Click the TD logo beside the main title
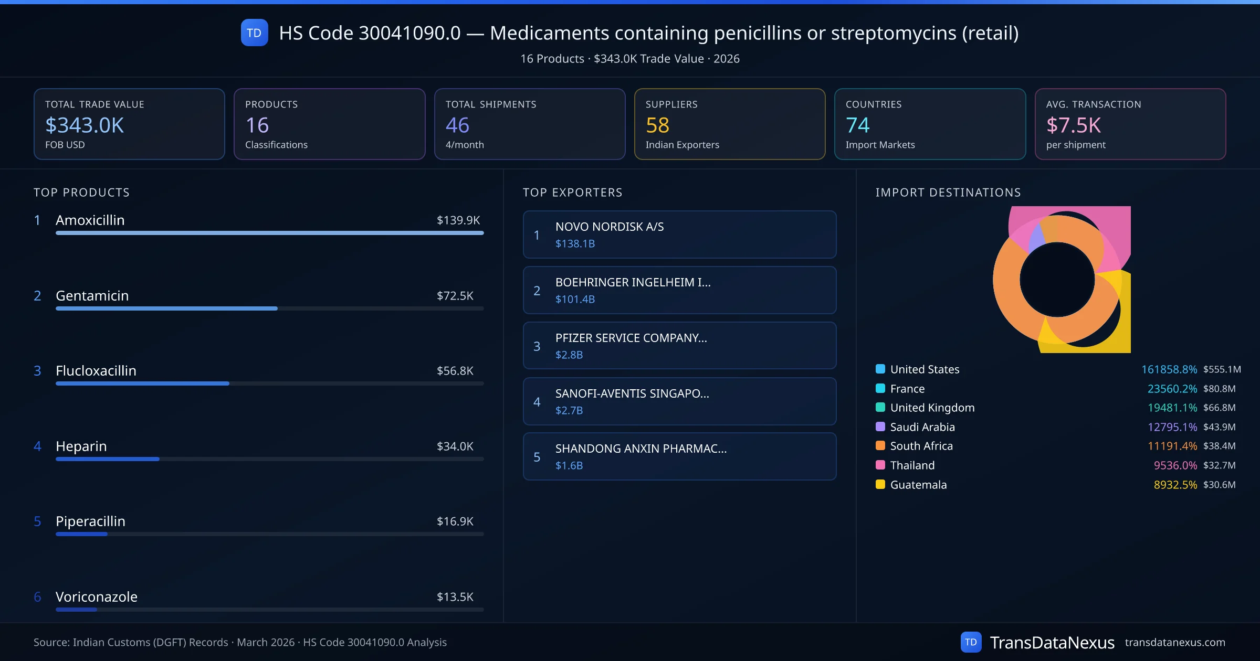pyautogui.click(x=254, y=33)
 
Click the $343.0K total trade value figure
pyautogui.click(x=85, y=125)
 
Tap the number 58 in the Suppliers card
pyautogui.click(x=657, y=125)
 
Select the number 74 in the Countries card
pyautogui.click(x=857, y=125)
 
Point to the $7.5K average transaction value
pyautogui.click(x=1073, y=125)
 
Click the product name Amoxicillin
pyautogui.click(x=90, y=220)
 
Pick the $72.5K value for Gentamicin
pyautogui.click(x=455, y=296)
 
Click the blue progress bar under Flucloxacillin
pyautogui.click(x=142, y=383)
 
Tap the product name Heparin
pyautogui.click(x=81, y=446)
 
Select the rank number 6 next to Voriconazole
pyautogui.click(x=37, y=597)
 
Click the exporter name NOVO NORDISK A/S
pyautogui.click(x=610, y=227)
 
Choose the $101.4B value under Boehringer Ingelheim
pyautogui.click(x=575, y=299)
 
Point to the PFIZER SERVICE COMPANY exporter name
pyautogui.click(x=631, y=338)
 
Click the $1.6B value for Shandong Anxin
pyautogui.click(x=569, y=465)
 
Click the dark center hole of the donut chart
pyautogui.click(x=1057, y=280)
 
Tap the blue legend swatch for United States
pyautogui.click(x=880, y=369)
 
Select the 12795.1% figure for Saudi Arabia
pyautogui.click(x=1172, y=427)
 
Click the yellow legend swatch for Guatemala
pyautogui.click(x=880, y=484)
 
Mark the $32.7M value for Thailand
pyautogui.click(x=1219, y=465)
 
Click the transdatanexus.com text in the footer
pyautogui.click(x=1175, y=643)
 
